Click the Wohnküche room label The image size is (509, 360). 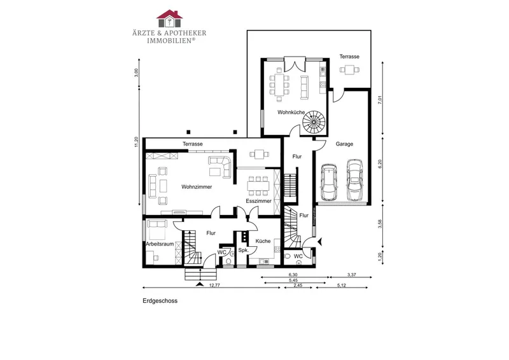(x=291, y=113)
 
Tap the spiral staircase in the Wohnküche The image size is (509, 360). (x=314, y=122)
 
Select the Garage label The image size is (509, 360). (x=344, y=144)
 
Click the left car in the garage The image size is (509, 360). (x=328, y=182)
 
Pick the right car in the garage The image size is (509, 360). (x=354, y=180)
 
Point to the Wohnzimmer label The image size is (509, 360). (x=197, y=187)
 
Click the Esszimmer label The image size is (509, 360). (x=258, y=201)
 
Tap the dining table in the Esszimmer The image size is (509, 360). (x=258, y=186)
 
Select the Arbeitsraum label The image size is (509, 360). (x=160, y=244)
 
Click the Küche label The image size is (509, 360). (x=263, y=241)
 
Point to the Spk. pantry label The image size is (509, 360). (x=244, y=250)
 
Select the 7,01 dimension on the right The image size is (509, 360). (x=380, y=100)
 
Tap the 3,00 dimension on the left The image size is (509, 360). (x=136, y=73)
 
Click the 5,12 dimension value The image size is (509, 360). (x=342, y=286)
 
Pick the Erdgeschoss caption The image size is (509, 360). (x=160, y=301)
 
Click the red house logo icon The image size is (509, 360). (x=169, y=18)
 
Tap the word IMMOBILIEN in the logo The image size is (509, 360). (x=170, y=41)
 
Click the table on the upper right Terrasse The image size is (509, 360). (x=349, y=69)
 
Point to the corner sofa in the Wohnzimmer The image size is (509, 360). (x=220, y=167)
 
